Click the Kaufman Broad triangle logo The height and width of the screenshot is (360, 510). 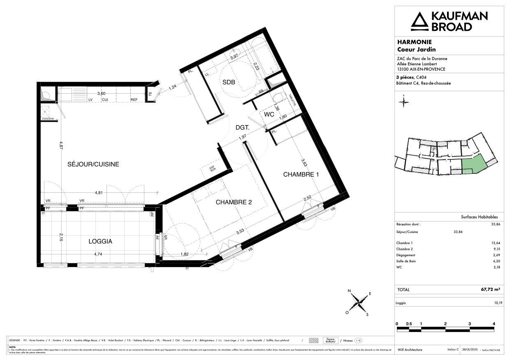point(420,21)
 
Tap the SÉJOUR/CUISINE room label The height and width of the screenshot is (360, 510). point(93,164)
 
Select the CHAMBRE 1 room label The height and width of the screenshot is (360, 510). point(301,175)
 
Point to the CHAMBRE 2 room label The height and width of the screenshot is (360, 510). point(233,202)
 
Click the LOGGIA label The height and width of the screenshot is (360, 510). point(100,242)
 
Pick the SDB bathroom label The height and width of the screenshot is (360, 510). point(229,82)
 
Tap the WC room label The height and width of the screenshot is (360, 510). point(269,115)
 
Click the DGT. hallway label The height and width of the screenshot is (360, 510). point(243,128)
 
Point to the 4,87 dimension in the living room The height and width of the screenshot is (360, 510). point(61,145)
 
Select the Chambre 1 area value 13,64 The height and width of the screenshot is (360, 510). point(495,243)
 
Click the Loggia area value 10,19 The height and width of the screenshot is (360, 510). point(495,303)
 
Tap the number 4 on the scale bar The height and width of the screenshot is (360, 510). point(494,323)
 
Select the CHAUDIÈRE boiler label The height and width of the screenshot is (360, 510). point(48,119)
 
